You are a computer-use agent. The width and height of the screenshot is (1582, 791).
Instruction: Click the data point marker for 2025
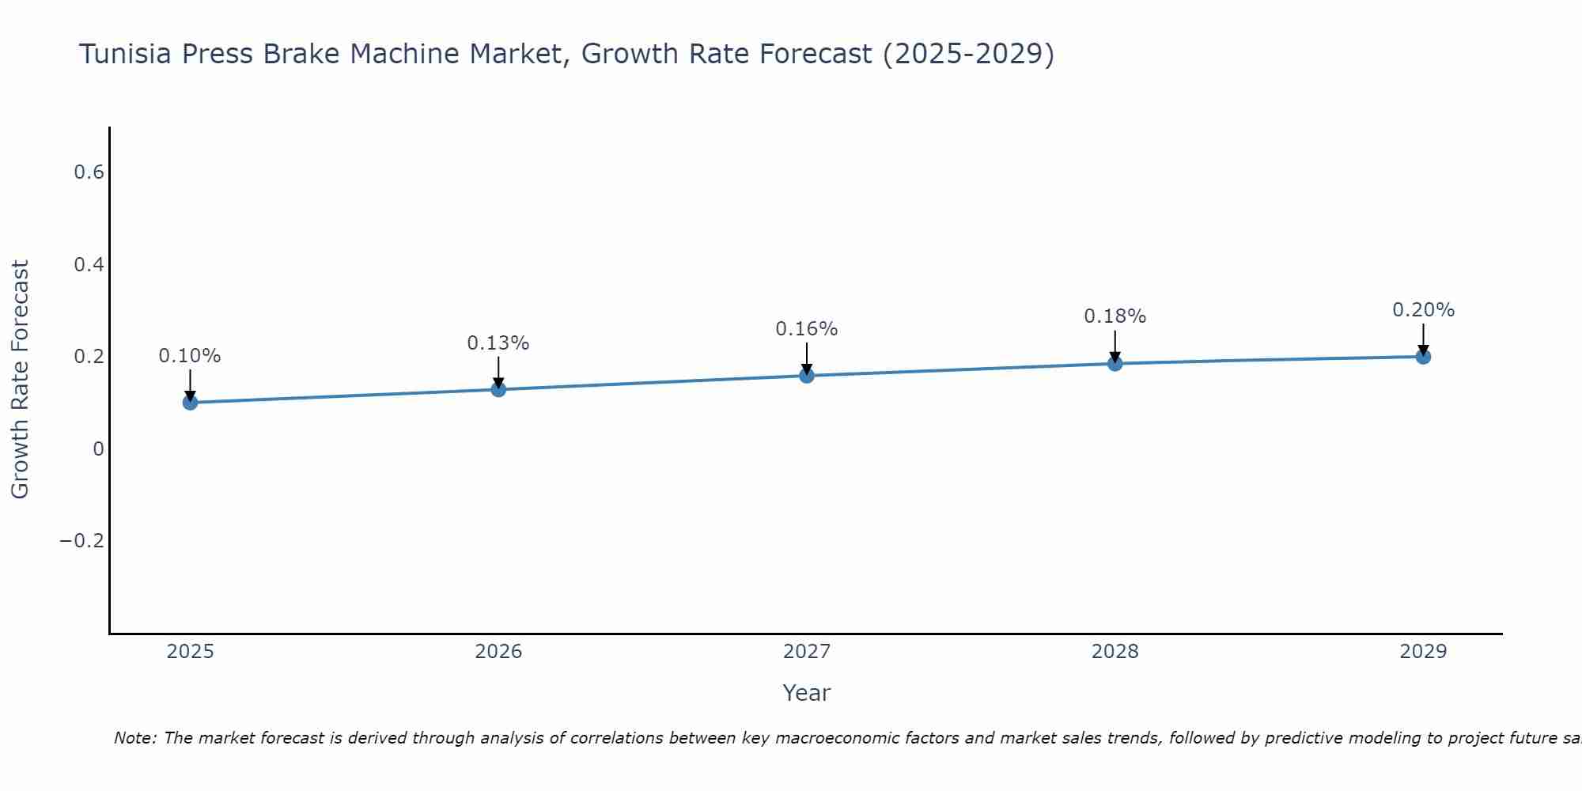coord(190,403)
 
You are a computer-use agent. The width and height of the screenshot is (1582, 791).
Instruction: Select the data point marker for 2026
coord(498,389)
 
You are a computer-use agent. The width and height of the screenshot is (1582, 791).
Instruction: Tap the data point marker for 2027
coord(807,376)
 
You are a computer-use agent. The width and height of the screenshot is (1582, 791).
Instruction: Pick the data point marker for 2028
coord(1115,364)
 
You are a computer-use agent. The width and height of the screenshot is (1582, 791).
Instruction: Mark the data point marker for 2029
coord(1423,357)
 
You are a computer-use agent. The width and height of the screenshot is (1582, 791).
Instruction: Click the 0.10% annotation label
coord(190,356)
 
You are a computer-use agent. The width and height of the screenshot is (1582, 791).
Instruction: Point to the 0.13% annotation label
coord(498,343)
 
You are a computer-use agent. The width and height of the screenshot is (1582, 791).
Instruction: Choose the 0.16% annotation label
coord(807,329)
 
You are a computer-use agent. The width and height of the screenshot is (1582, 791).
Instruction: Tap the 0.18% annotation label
coord(1115,316)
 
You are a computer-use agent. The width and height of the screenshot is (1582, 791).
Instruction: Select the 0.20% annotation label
coord(1423,310)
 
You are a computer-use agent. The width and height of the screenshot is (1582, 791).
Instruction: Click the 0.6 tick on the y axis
coord(89,172)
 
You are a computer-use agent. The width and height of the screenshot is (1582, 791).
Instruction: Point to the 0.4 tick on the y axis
coord(89,265)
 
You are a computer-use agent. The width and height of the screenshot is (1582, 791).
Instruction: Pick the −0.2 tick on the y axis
coord(82,541)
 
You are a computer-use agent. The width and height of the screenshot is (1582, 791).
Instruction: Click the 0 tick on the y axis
coord(98,449)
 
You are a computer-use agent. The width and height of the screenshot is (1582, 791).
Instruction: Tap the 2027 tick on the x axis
coord(807,652)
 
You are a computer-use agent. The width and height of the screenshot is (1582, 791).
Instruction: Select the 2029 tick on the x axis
coord(1423,652)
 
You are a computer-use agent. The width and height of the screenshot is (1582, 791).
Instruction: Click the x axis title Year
coord(807,693)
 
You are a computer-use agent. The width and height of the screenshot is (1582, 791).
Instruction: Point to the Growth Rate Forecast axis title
coord(20,380)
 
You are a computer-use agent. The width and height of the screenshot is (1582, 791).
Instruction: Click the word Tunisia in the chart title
coord(126,55)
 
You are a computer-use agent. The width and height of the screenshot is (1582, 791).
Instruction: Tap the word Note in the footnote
coord(134,738)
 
